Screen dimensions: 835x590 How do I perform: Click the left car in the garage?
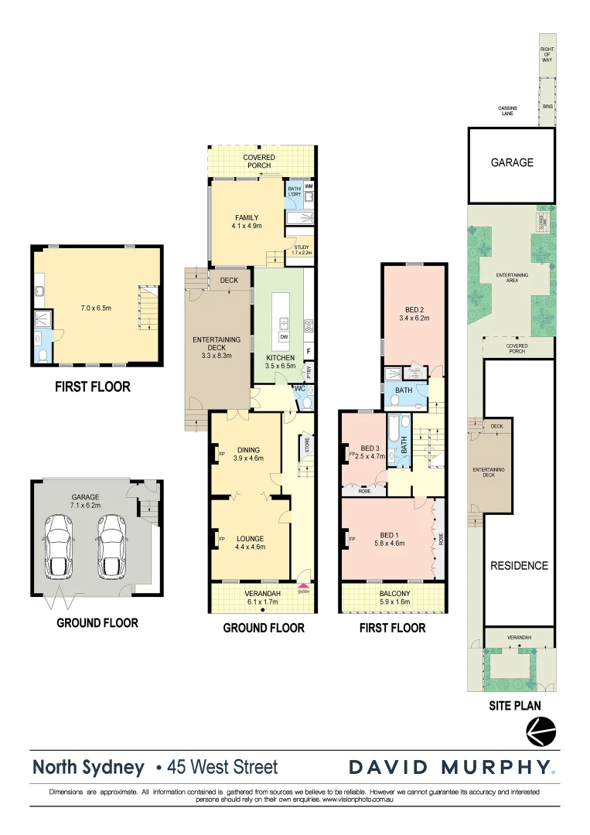coord(60,547)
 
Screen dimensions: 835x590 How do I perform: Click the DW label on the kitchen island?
coord(284,336)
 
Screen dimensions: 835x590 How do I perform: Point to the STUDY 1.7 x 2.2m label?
coord(302,249)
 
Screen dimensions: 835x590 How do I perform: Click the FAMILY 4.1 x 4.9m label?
coord(247,222)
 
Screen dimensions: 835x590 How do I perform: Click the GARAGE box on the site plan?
coord(511,162)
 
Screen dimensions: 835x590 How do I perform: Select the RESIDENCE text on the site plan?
coord(519,565)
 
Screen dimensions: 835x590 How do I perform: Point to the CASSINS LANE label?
coord(507,111)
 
